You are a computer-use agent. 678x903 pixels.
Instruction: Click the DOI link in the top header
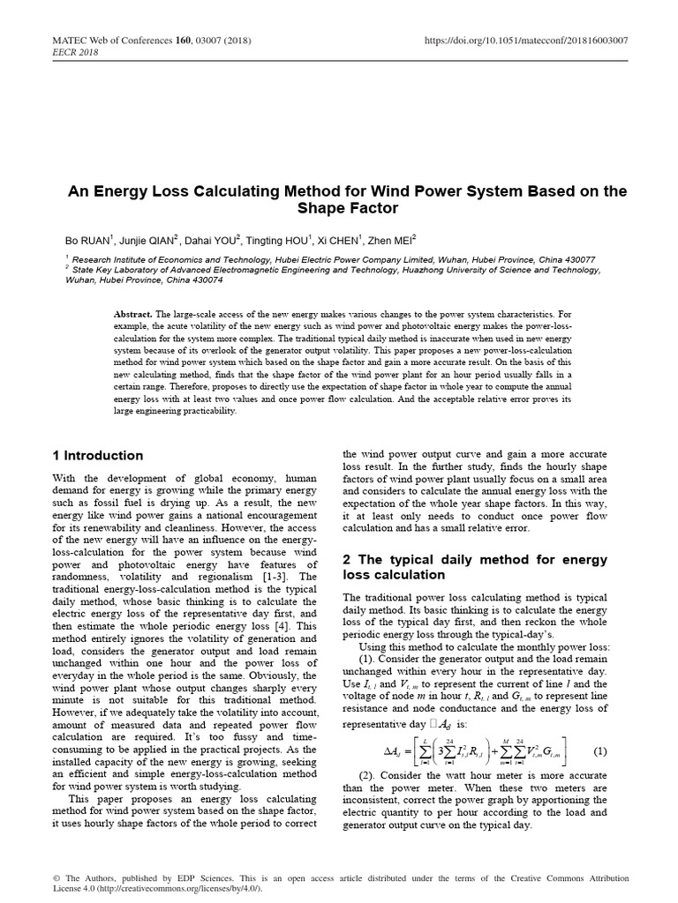pyautogui.click(x=526, y=40)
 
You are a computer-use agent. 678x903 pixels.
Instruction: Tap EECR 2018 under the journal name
pyautogui.click(x=76, y=51)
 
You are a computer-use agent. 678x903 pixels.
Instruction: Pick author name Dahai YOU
pyautogui.click(x=208, y=239)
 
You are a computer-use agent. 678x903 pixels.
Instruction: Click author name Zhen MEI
pyautogui.click(x=394, y=239)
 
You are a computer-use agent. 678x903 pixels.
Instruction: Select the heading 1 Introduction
pyautogui.click(x=96, y=456)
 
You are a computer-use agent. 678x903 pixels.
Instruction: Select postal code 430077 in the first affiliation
pyautogui.click(x=576, y=260)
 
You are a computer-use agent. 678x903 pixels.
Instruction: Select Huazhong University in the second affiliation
pyautogui.click(x=459, y=271)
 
